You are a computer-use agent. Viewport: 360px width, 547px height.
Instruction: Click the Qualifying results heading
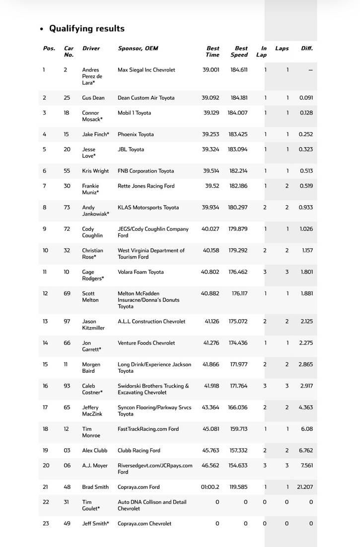point(86,29)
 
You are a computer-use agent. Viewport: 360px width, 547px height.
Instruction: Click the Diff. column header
point(307,49)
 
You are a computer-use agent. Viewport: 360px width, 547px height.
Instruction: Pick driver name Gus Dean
point(93,98)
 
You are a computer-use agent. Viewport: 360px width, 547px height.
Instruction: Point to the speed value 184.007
point(238,113)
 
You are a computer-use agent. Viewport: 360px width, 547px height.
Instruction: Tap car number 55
point(67,171)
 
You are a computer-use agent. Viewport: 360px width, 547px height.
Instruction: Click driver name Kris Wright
point(95,171)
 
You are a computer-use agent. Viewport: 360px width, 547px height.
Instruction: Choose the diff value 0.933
point(306,207)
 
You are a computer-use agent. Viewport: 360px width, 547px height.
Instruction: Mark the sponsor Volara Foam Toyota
point(141,272)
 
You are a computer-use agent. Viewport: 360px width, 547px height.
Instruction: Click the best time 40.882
point(210,293)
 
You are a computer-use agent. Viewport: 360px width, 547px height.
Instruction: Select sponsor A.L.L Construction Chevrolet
point(151,322)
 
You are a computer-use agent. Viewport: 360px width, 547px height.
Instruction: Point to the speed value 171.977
point(238,364)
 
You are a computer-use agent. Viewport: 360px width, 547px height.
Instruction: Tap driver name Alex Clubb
point(94,451)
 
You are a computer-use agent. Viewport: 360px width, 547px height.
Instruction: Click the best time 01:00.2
point(210,487)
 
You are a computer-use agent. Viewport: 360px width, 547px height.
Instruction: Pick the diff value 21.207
point(305,487)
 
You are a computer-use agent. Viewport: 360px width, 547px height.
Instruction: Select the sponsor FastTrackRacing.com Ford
point(148,429)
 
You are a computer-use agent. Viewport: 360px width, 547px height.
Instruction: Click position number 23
point(46,524)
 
